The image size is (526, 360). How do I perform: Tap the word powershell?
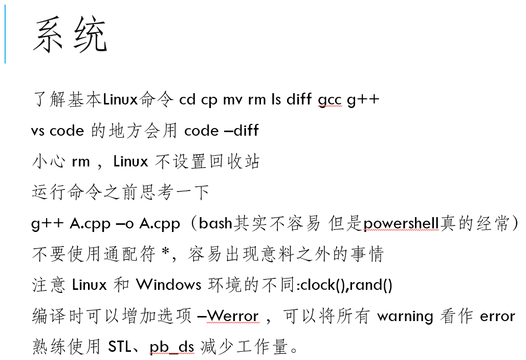coord(401,223)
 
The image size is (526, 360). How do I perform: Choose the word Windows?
coord(169,284)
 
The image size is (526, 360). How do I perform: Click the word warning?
coord(405,316)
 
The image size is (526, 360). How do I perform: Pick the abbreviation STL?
coord(120,347)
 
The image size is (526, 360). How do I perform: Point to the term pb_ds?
coord(172,347)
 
